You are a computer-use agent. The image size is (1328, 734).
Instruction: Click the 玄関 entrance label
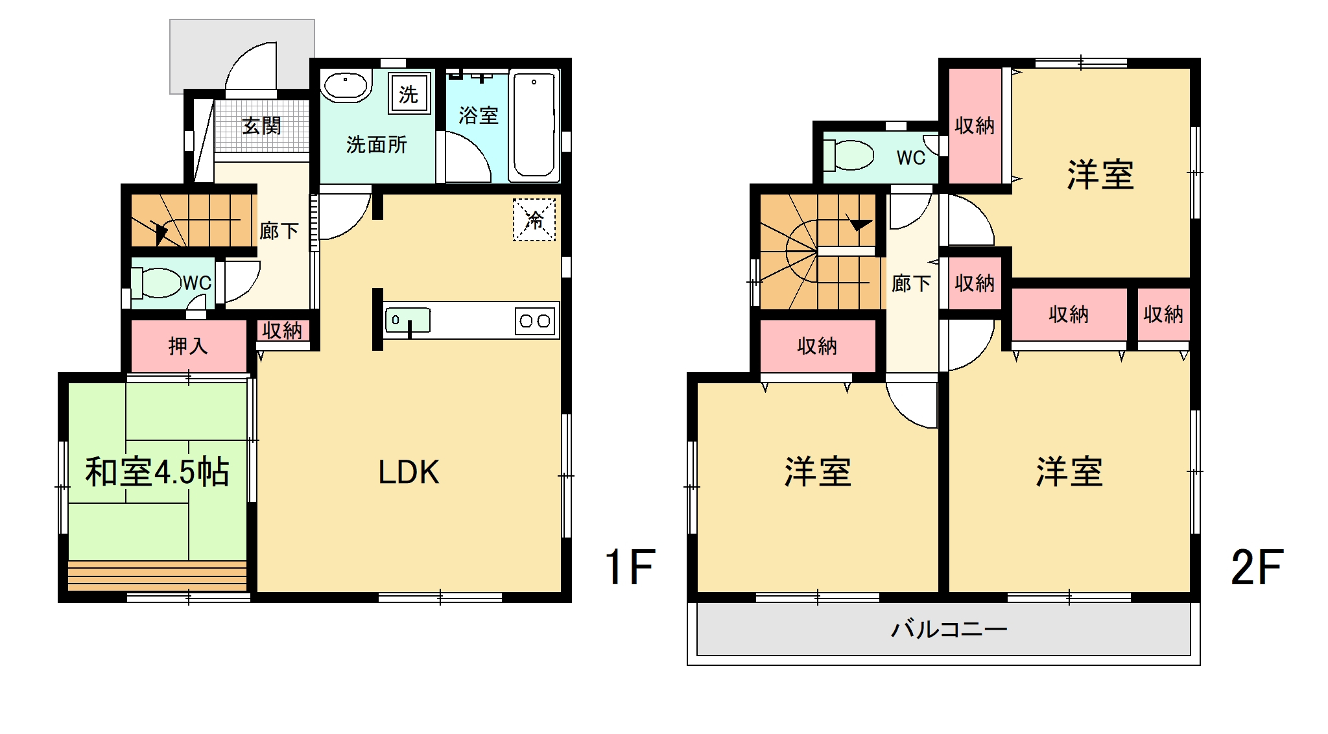[x=262, y=125]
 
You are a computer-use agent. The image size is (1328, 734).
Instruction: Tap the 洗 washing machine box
[x=409, y=93]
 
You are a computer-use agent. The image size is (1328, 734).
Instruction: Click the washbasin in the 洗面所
[x=346, y=86]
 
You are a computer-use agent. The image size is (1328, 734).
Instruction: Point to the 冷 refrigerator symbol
[x=534, y=219]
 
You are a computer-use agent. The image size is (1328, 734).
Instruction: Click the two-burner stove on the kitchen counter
[x=535, y=320]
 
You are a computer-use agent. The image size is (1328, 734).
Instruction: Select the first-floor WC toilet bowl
[x=156, y=283]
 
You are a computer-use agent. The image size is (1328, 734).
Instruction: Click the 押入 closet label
[x=188, y=346]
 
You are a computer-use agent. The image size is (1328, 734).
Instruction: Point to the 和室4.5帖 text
[x=157, y=471]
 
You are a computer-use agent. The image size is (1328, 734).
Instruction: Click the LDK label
[x=409, y=472]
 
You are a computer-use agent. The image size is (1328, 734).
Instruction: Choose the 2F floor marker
[x=1257, y=567]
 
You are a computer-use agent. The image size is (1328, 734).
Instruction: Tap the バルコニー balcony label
[x=949, y=628]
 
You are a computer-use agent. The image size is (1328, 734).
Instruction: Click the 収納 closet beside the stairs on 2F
[x=817, y=346]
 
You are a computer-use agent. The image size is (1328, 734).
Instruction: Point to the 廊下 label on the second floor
[x=911, y=283]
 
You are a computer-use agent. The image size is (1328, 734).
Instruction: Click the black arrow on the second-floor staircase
[x=859, y=224]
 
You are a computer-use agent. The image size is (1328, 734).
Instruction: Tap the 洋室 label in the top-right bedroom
[x=1100, y=175]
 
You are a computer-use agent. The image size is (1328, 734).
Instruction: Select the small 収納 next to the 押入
[x=282, y=331]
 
